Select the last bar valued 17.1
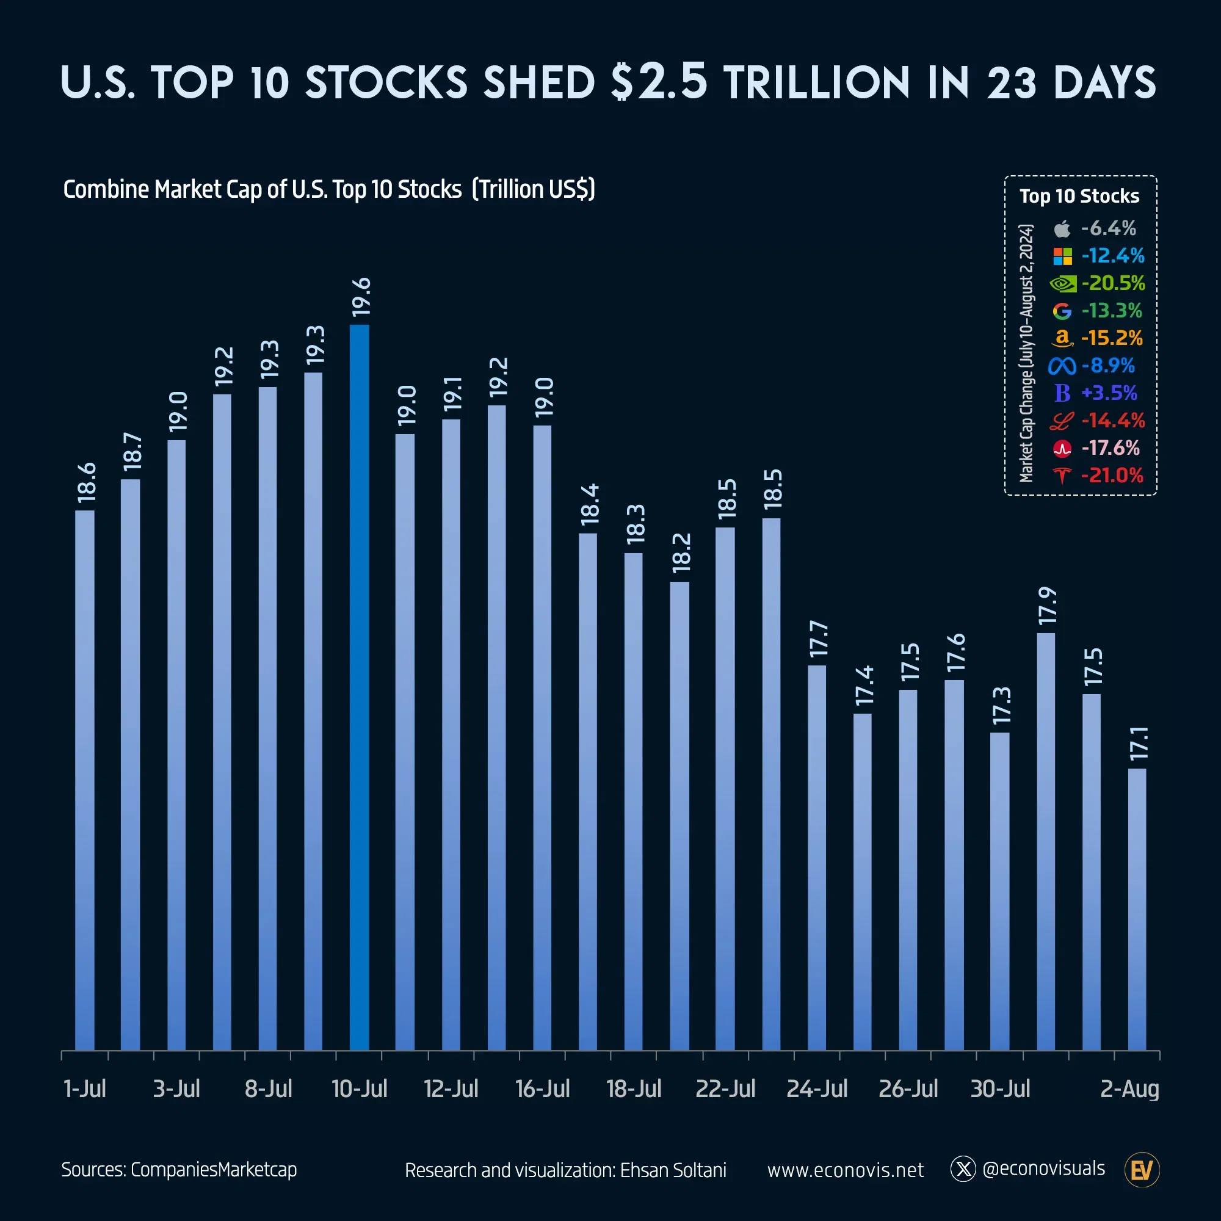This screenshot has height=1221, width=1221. click(x=1137, y=910)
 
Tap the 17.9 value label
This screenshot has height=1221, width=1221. click(x=1047, y=606)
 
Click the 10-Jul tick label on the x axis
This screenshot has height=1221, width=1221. click(x=359, y=1089)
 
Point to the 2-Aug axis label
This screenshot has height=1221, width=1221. click(x=1129, y=1089)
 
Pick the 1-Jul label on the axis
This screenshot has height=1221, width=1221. click(x=85, y=1089)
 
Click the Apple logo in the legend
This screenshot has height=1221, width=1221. click(x=1062, y=228)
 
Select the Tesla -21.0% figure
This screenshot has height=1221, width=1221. click(x=1112, y=475)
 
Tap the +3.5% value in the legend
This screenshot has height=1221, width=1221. click(x=1109, y=393)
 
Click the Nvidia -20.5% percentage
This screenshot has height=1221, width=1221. click(x=1113, y=283)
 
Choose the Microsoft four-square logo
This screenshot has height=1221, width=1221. click(x=1062, y=256)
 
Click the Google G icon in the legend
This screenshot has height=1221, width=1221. click(x=1062, y=311)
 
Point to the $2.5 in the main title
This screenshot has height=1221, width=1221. click(x=659, y=82)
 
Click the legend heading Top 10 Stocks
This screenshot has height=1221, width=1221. click(x=1079, y=196)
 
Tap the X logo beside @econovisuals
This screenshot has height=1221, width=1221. click(x=963, y=1169)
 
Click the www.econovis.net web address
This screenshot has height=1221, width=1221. click(x=845, y=1170)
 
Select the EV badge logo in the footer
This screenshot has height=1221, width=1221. click(x=1142, y=1170)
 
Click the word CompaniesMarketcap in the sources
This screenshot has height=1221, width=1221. click(x=214, y=1170)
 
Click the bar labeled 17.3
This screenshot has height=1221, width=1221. click(x=999, y=891)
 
